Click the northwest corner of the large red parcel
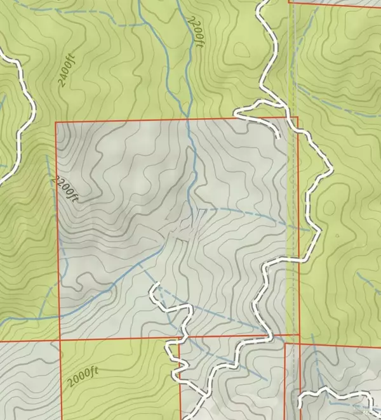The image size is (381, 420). click(x=57, y=121)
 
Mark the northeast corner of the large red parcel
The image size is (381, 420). click(x=297, y=117)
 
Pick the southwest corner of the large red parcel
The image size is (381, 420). click(x=60, y=340)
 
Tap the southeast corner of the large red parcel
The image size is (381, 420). click(x=298, y=334)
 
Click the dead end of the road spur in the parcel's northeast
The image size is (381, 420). click(x=278, y=136)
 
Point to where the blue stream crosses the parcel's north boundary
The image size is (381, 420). click(x=189, y=119)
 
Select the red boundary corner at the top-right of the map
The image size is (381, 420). click(x=289, y=4)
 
